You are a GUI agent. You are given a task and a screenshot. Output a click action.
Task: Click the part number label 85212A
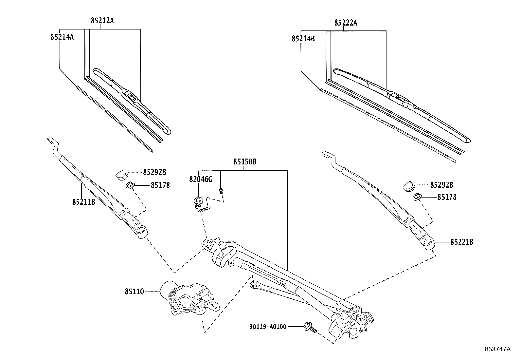click(x=102, y=21)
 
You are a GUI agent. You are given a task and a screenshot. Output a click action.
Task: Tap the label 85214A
click(x=62, y=37)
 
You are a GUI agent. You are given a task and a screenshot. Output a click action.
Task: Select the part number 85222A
click(x=346, y=23)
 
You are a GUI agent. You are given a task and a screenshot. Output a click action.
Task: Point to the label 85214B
click(x=303, y=39)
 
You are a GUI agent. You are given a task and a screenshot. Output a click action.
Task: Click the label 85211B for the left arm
click(x=83, y=202)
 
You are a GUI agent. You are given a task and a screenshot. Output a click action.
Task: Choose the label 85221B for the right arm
click(x=462, y=242)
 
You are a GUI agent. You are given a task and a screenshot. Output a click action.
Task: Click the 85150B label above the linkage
click(x=244, y=162)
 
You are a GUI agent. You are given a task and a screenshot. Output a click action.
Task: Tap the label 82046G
click(x=201, y=180)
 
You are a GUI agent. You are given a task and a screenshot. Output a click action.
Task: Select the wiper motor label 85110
click(x=134, y=291)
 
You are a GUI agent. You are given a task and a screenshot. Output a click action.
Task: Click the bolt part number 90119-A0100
click(x=267, y=327)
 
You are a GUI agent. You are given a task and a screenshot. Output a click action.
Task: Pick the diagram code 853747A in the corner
click(x=497, y=349)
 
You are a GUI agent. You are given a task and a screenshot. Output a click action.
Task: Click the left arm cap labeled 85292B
click(x=121, y=174)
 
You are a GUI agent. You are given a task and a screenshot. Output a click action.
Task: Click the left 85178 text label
click(x=160, y=185)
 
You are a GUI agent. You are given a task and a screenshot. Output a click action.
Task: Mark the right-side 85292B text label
click(x=441, y=185)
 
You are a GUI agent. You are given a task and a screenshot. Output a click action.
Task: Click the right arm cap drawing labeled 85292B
click(x=408, y=186)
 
